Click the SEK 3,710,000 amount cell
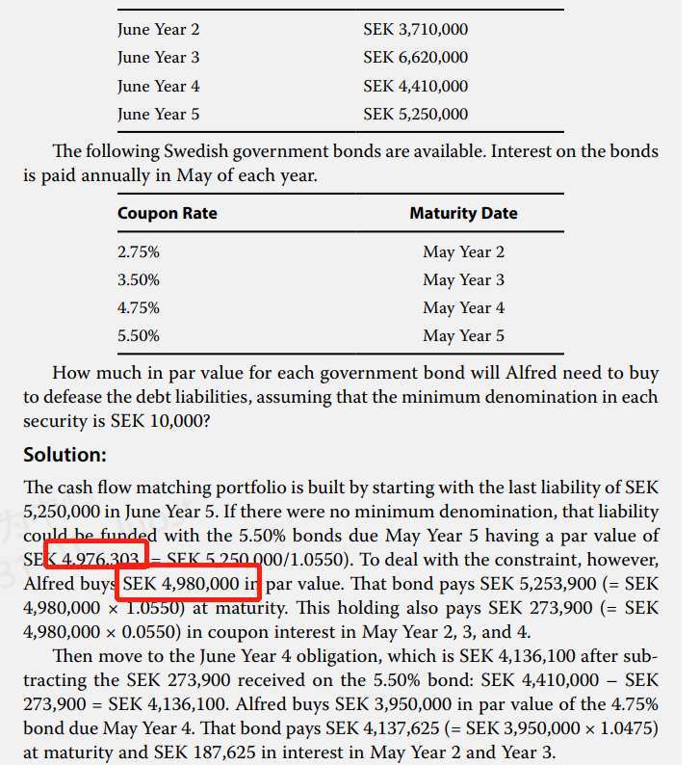[415, 30]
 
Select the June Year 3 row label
[159, 58]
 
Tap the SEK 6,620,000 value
[415, 58]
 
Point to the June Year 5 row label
[159, 114]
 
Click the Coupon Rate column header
[167, 213]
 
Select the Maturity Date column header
[463, 213]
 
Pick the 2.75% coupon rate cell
[139, 252]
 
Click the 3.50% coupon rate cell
[139, 280]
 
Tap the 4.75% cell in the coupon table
[139, 308]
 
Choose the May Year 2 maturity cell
[463, 252]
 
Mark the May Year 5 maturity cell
[463, 336]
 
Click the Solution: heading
[65, 454]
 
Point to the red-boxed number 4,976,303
[100, 560]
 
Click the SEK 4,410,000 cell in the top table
[415, 86]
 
